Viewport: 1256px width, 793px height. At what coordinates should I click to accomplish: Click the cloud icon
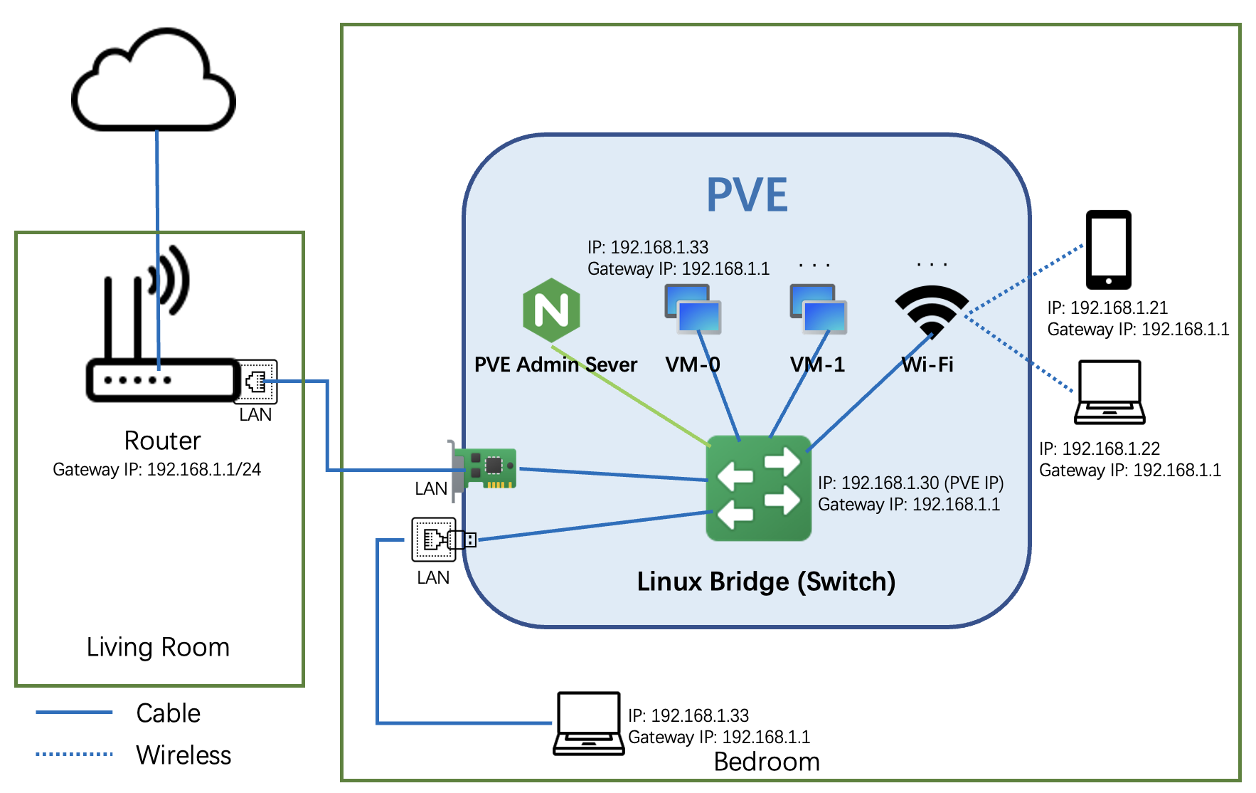(154, 82)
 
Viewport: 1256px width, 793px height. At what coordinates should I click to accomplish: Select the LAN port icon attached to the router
(256, 382)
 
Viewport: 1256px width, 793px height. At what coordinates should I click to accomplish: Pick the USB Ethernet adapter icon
(443, 540)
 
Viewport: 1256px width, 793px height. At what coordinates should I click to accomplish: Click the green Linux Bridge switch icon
(758, 488)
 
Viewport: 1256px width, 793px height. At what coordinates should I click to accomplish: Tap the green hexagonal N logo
(551, 310)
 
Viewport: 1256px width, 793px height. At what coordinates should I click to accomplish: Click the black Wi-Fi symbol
(931, 309)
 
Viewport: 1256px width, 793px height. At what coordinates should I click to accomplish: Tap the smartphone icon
(1108, 249)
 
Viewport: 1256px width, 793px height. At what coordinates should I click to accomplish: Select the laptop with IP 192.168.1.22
(1109, 392)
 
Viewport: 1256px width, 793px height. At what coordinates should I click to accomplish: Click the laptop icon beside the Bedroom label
(589, 723)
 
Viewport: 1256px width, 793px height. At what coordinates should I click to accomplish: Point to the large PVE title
(747, 195)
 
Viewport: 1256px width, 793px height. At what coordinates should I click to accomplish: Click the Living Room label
(158, 647)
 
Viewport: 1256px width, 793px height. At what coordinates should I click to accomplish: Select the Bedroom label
(767, 762)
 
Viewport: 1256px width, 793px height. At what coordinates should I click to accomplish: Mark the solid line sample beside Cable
(74, 712)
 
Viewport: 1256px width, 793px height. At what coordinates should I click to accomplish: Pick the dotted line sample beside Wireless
(74, 754)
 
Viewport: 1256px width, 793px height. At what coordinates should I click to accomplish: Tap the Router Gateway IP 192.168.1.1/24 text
(156, 470)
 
